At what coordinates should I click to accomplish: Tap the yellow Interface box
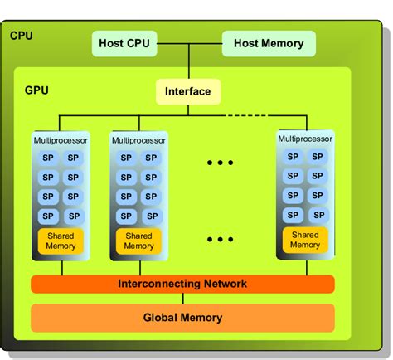(188, 91)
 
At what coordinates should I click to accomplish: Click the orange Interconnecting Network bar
(182, 284)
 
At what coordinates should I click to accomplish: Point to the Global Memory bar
(182, 317)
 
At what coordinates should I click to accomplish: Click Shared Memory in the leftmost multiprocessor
(57, 241)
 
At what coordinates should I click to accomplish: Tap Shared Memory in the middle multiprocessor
(138, 241)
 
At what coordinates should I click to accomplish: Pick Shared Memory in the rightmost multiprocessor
(305, 240)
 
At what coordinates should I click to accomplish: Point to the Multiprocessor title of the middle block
(138, 141)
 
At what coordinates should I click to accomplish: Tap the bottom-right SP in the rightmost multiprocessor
(316, 214)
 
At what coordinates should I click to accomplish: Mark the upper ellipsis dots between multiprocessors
(221, 163)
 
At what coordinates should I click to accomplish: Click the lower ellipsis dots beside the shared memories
(221, 239)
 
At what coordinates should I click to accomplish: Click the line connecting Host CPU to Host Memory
(189, 43)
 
